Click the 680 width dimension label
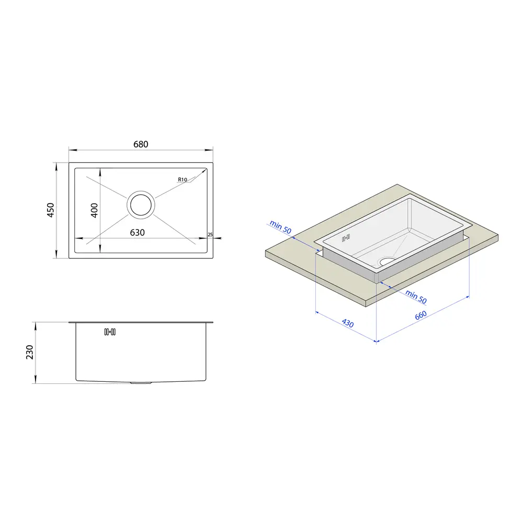pos(141,144)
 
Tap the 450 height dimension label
pos(50,210)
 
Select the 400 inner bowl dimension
pos(94,210)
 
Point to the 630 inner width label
pos(138,233)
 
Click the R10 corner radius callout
pos(183,179)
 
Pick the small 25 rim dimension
pos(210,234)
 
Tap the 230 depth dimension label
pos(30,352)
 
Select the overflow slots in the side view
pos(110,332)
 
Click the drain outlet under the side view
pos(141,383)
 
